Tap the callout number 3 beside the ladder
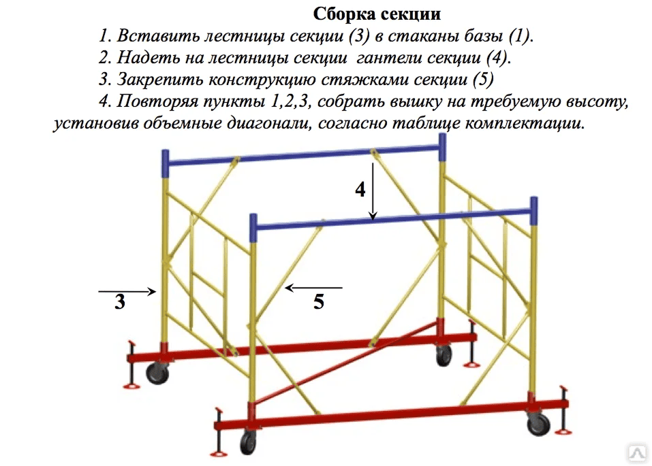click(120, 302)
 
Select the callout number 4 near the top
click(360, 189)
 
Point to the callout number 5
click(319, 301)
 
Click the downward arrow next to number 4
click(373, 191)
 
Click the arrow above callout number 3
click(127, 292)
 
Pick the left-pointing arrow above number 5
click(314, 287)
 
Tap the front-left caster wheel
click(248, 443)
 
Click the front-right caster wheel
click(538, 424)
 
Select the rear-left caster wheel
click(157, 373)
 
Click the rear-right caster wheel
click(444, 356)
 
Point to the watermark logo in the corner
click(638, 452)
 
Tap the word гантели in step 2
click(388, 58)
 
